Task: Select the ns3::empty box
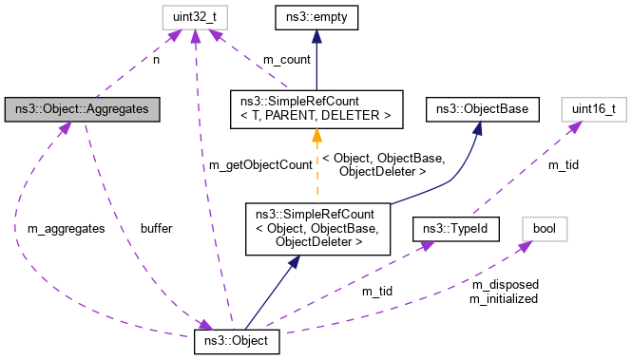click(315, 16)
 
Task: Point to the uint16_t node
click(593, 109)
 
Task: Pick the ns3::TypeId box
click(455, 229)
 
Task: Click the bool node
click(545, 229)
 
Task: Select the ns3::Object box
click(237, 340)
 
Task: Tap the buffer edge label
click(156, 229)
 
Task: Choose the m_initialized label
click(503, 298)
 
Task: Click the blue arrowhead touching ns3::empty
click(315, 34)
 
